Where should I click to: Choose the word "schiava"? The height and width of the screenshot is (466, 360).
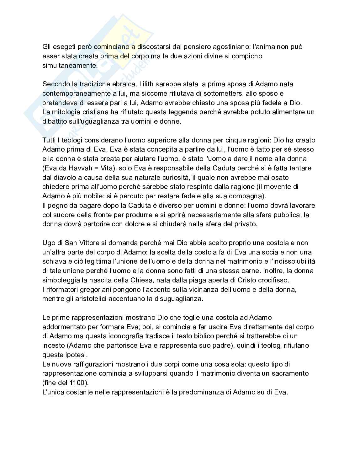pyautogui.click(x=53, y=261)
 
